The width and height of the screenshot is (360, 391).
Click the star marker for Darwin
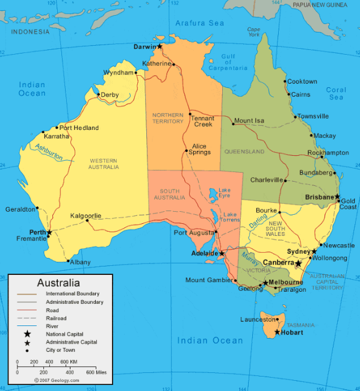click(160, 46)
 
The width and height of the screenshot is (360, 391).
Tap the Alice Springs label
click(199, 149)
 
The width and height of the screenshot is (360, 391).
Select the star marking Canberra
click(298, 263)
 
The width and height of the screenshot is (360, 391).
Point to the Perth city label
click(37, 232)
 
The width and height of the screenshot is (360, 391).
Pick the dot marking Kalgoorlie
click(88, 220)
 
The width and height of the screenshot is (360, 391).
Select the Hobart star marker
click(278, 332)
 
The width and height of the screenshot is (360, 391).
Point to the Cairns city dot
click(288, 94)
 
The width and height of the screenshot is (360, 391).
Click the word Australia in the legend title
click(58, 283)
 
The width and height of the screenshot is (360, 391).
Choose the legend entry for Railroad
click(56, 318)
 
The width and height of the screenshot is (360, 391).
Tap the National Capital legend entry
click(64, 334)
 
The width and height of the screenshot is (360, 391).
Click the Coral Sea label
click(336, 93)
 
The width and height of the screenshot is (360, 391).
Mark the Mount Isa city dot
click(233, 124)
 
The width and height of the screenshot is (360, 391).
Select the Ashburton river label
click(49, 153)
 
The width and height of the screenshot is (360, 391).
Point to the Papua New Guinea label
click(320, 5)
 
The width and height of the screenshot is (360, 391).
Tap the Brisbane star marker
click(338, 197)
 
